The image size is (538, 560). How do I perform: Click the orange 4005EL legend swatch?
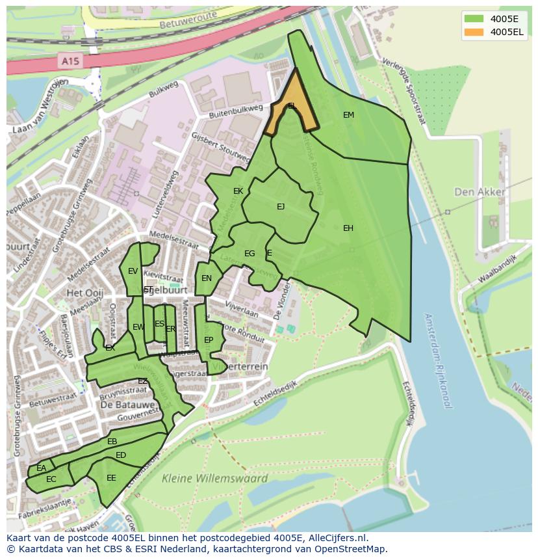click(x=474, y=32)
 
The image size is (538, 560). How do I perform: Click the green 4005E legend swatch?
click(x=474, y=18)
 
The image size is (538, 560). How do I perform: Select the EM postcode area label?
click(x=348, y=115)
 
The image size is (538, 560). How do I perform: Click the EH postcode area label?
click(x=348, y=228)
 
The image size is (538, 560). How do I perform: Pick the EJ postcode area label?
click(x=281, y=207)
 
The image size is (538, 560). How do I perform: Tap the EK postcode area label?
click(x=238, y=191)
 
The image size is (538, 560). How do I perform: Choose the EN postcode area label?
click(x=207, y=278)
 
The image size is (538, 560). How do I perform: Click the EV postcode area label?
click(x=133, y=271)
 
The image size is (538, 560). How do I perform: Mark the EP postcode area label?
click(x=209, y=340)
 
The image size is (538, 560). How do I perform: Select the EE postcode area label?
click(x=111, y=478)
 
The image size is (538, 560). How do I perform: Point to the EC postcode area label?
click(x=51, y=479)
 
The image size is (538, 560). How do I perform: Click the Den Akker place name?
click(x=480, y=192)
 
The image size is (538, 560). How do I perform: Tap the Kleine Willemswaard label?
click(x=214, y=479)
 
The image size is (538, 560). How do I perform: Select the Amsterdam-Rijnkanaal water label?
click(x=437, y=360)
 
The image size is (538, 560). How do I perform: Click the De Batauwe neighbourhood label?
click(x=128, y=404)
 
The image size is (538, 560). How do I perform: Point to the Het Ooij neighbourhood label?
click(x=84, y=293)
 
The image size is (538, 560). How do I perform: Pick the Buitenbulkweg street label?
click(x=235, y=111)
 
